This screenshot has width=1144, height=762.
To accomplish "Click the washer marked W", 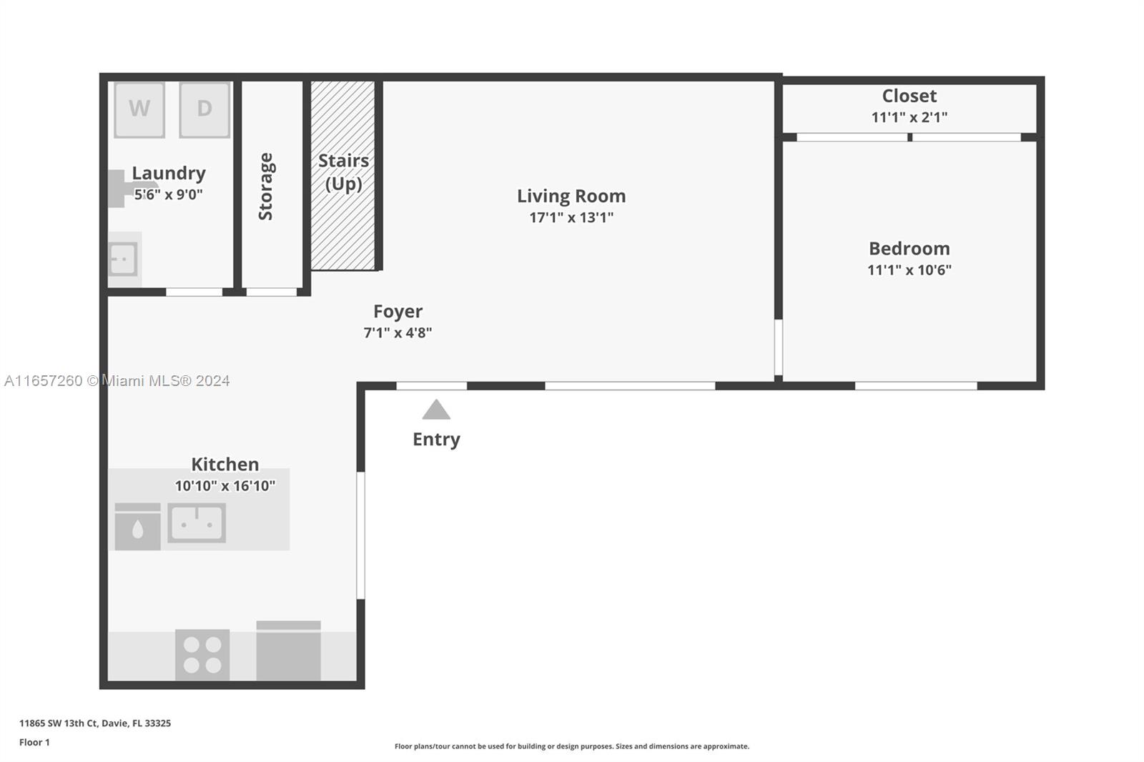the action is coord(139,110).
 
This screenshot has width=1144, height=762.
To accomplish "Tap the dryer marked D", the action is coord(204,110).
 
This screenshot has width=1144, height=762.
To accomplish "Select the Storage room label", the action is coord(265,187).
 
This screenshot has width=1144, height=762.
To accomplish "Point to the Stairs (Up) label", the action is coord(343,172).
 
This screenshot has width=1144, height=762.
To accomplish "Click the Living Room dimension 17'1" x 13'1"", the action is coord(571,217).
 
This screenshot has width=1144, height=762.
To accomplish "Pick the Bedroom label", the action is coord(909,249).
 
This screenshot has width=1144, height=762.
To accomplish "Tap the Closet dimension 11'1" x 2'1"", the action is coord(909,117).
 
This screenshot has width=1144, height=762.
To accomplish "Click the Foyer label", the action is coord(398,312).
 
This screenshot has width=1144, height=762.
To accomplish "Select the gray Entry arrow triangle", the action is coord(436,410).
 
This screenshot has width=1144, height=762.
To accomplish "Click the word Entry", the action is coord(436,439).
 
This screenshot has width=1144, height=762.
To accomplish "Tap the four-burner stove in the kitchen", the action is coord(202,655).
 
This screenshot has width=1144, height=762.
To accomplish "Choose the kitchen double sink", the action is coord(197,523).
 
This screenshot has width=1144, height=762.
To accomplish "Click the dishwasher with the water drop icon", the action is coord(137,527).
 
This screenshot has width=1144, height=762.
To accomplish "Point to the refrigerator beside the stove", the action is coord(289,650).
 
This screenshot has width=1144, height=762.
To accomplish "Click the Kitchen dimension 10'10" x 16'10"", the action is coord(225,485).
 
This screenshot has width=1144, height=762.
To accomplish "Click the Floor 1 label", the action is coord(34,743).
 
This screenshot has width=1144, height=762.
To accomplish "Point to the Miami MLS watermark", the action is coord(117,381).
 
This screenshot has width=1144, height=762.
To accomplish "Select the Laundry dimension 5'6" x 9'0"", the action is coord(169,194).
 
